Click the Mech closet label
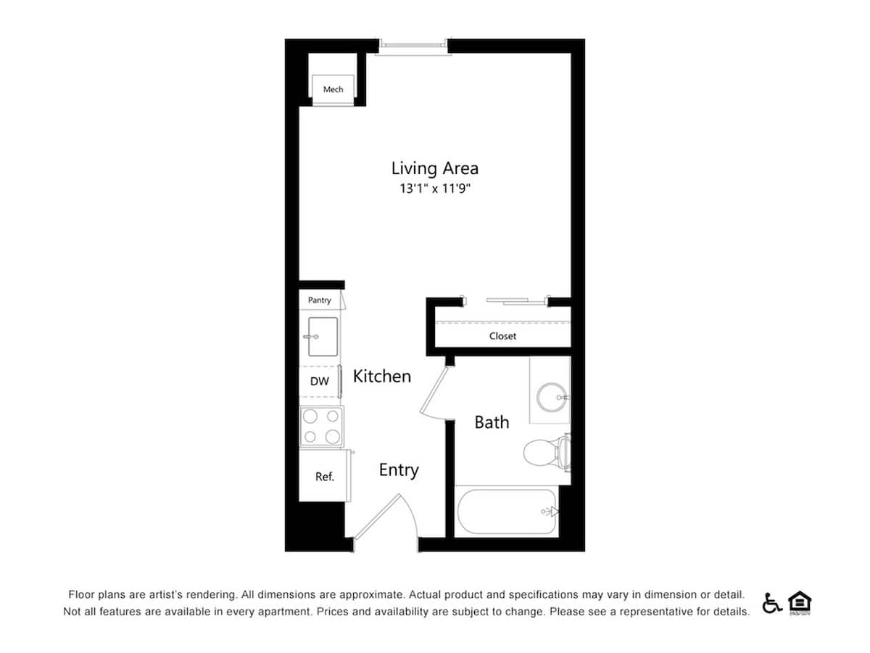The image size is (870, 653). (333, 89)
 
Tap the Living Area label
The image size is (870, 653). (434, 168)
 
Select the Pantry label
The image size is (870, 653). (320, 300)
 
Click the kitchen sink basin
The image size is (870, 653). (323, 337)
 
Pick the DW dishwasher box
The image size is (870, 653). (320, 381)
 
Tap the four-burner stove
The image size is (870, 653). (322, 426)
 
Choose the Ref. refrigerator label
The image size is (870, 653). (324, 477)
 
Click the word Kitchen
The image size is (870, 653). (382, 377)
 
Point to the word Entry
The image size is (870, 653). (399, 470)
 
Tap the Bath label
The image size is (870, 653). (492, 422)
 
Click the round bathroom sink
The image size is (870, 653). (552, 397)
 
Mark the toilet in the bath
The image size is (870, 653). (544, 453)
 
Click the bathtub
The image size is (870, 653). (505, 512)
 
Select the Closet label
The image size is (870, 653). (502, 336)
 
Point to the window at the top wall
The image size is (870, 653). (413, 46)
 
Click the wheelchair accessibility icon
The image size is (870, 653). (771, 603)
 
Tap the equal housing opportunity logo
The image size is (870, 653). (800, 603)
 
